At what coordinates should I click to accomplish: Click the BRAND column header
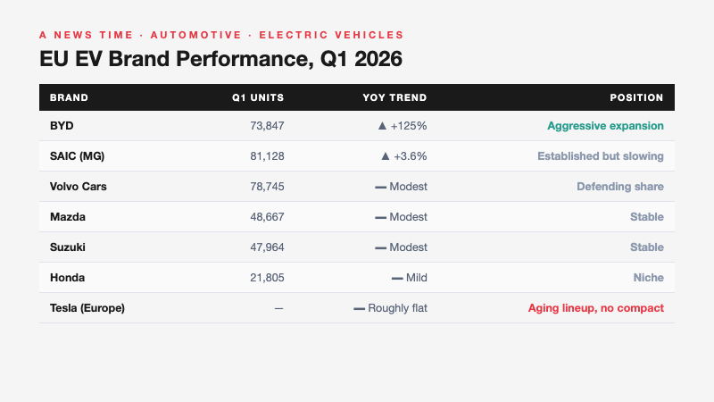(x=69, y=97)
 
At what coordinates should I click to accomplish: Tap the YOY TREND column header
(x=394, y=97)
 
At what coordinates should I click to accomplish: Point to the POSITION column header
(x=636, y=97)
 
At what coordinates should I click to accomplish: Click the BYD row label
(x=62, y=126)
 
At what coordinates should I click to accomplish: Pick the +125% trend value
(x=409, y=126)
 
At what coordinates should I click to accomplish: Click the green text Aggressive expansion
(x=605, y=126)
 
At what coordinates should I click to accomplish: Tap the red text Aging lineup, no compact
(x=595, y=308)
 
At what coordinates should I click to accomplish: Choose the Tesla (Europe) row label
(x=87, y=308)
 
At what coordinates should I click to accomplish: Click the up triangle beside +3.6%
(x=385, y=156)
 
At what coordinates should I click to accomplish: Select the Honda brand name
(x=68, y=278)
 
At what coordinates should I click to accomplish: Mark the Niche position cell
(x=648, y=278)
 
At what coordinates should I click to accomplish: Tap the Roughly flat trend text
(x=398, y=308)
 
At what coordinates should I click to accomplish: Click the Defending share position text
(x=619, y=187)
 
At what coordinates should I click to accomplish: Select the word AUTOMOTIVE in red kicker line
(x=195, y=35)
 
